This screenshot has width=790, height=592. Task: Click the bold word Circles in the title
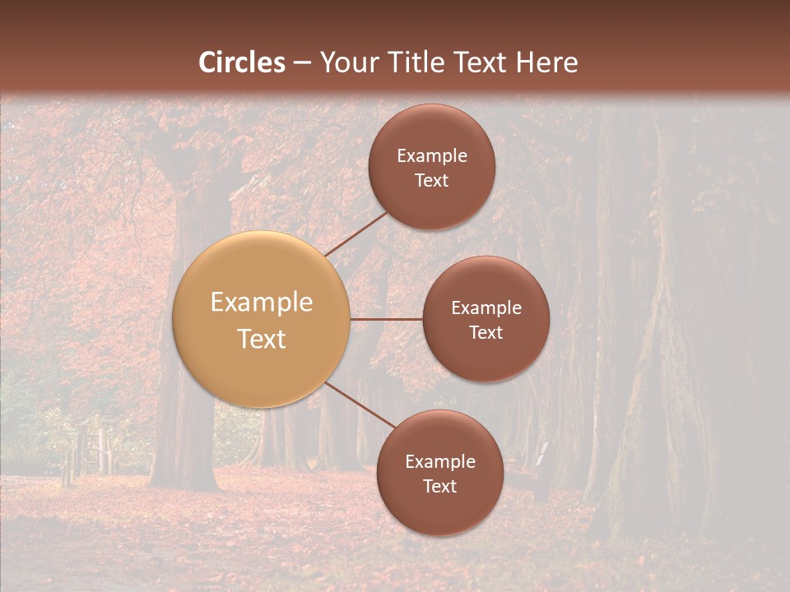(x=242, y=62)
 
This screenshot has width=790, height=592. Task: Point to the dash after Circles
(x=302, y=63)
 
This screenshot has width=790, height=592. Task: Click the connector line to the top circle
(x=355, y=234)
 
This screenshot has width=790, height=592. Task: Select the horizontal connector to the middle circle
(x=386, y=319)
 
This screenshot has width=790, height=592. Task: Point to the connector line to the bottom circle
(x=360, y=405)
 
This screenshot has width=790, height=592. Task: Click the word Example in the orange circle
(x=262, y=303)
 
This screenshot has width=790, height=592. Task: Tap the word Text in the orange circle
(x=262, y=339)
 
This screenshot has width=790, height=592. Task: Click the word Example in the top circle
(x=431, y=156)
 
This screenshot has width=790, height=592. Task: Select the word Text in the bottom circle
(x=439, y=486)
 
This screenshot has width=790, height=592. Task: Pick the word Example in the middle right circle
(x=486, y=308)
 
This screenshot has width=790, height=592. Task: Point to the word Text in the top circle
(x=431, y=180)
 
